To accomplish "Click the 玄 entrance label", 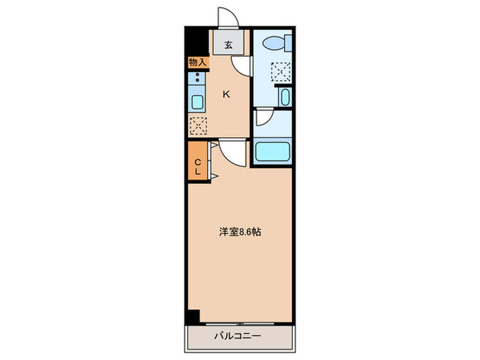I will point(228,47).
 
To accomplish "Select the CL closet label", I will point(197,167).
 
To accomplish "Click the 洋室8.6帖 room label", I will point(239,232).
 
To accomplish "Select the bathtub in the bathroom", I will point(274,152).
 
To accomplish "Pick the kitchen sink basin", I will point(197,104).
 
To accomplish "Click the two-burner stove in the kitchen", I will point(197,77).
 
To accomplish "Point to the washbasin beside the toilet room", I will point(285,97).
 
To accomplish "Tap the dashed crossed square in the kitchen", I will point(197,125).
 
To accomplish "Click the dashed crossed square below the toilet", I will point(280,71).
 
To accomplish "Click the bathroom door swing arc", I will point(262,119).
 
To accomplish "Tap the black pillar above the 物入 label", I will point(193,42).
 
